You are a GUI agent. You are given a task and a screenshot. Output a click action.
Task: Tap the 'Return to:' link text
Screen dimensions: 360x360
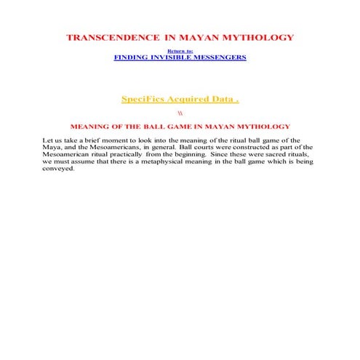[180, 50]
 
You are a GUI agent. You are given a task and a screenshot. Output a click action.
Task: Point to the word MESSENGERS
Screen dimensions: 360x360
[223, 57]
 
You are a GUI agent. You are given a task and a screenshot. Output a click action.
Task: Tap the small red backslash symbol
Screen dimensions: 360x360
[180, 113]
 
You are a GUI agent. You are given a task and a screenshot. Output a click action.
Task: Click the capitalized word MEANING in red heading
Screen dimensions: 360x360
[100, 127]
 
